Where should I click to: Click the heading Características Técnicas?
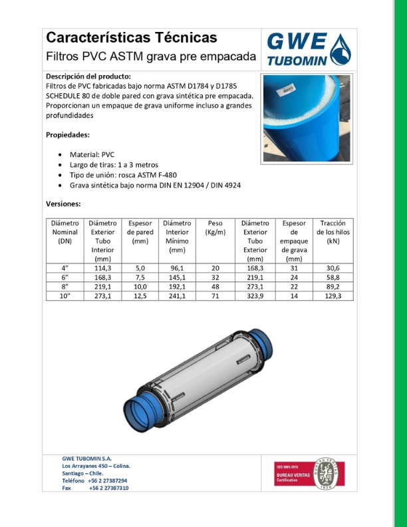[131, 37]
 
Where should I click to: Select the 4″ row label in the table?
[65, 268]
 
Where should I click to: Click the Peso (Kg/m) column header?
[216, 228]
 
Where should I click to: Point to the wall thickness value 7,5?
[140, 277]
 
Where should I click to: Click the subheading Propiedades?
[67, 134]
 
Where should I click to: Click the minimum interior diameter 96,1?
[177, 268]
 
